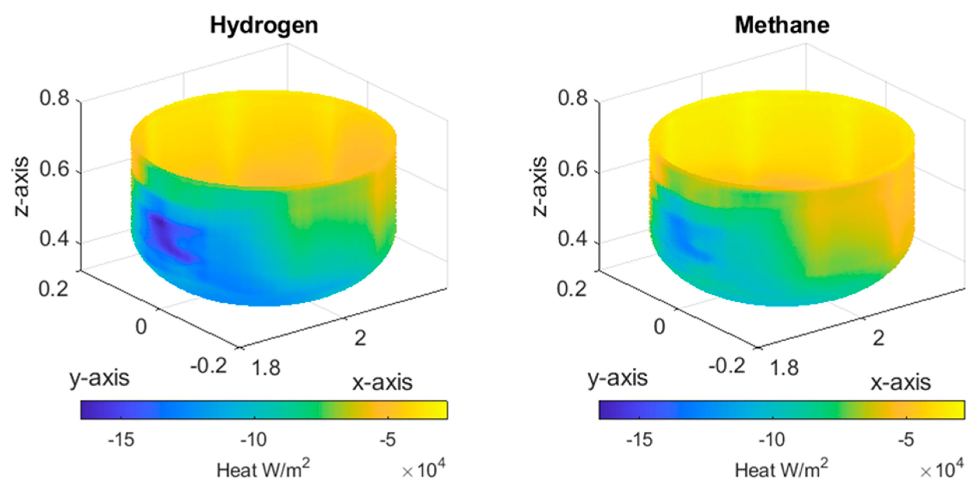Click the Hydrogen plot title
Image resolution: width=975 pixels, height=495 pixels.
tap(264, 26)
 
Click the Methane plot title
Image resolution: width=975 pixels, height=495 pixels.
tap(782, 26)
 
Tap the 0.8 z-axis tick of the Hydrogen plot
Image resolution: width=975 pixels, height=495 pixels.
tap(55, 98)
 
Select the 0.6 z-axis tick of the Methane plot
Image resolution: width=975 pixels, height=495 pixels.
tap(572, 169)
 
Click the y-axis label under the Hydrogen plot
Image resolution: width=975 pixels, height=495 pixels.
tap(99, 378)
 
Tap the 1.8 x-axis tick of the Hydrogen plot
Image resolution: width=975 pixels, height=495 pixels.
tap(266, 368)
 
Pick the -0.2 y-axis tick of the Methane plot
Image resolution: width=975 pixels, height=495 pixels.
tap(727, 366)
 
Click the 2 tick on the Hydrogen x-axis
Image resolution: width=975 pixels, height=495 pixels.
tap(360, 338)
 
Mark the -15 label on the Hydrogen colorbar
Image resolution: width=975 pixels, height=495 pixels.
tap(121, 440)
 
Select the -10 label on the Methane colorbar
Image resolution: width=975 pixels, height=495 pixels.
tap(772, 440)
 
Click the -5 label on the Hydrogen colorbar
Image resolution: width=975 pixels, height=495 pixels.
tap(388, 440)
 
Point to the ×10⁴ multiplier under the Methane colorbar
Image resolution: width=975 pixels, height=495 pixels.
tap(942, 469)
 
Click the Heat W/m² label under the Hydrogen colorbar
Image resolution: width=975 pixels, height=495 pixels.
tap(263, 470)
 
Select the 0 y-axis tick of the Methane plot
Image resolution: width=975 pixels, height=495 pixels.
tap(659, 326)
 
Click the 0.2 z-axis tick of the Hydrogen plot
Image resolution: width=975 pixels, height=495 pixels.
tap(54, 289)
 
